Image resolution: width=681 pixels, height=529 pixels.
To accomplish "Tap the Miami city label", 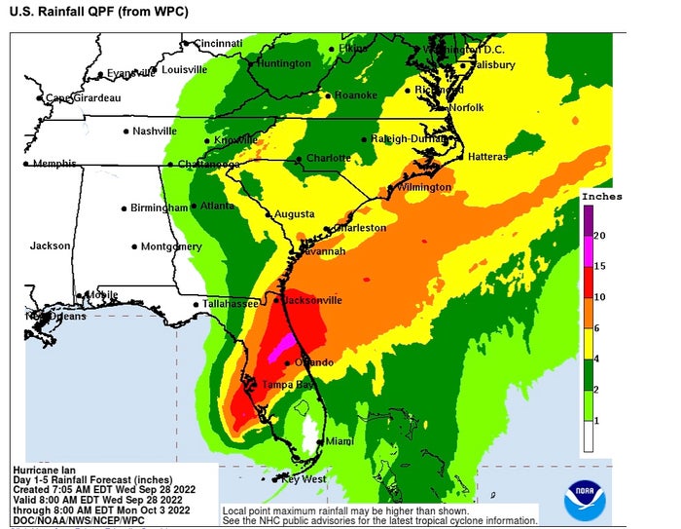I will tap(340, 441).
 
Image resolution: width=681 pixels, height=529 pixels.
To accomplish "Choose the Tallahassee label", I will tap(231, 304).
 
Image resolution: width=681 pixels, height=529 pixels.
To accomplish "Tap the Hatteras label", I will tap(486, 157).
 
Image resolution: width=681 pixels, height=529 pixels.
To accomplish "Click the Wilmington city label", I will tap(423, 187).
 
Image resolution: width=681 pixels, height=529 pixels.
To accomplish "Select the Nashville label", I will tap(155, 131).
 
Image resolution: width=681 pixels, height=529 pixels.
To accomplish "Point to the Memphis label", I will tap(54, 164).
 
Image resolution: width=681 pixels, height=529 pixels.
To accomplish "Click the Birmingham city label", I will tap(159, 208).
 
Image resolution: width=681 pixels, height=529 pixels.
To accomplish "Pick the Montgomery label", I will tap(171, 246).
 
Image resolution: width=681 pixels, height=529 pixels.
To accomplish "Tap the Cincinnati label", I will tap(217, 44).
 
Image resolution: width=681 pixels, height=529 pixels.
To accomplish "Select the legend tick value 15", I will tap(601, 266).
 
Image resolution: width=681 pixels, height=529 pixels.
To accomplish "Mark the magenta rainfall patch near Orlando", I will tap(281, 345).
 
